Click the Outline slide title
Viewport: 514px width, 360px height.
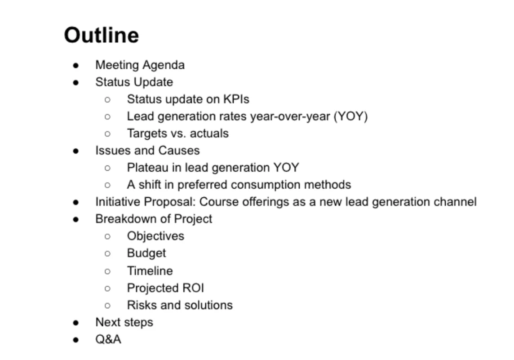(102, 35)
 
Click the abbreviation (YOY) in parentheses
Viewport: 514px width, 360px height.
(350, 116)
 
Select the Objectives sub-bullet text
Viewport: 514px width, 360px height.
(155, 236)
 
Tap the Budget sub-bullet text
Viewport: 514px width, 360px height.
(146, 253)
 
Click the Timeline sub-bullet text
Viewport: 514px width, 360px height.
(150, 271)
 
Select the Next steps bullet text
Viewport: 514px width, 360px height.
(124, 322)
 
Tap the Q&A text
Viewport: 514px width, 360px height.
(108, 339)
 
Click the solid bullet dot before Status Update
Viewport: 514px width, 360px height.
(76, 82)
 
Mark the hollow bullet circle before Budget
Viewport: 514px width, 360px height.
(107, 253)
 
